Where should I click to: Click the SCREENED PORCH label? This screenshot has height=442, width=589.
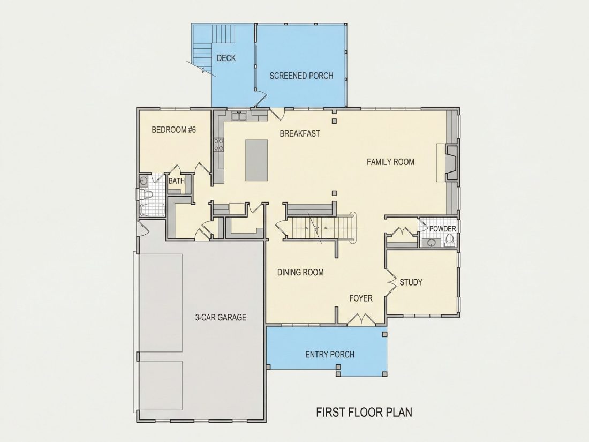tap(301, 76)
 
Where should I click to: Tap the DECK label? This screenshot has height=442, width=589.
tap(226, 58)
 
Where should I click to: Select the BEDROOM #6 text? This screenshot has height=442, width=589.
tap(174, 130)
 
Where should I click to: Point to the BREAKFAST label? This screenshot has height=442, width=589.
tap(300, 133)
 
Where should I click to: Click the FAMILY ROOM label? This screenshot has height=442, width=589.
tap(390, 162)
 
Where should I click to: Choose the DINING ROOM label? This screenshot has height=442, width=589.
tap(300, 273)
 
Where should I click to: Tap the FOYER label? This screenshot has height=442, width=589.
tap(361, 298)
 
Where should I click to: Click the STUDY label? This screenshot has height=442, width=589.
tap(411, 282)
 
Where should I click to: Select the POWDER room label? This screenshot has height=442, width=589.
tap(442, 229)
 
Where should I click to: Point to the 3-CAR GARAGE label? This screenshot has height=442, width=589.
tap(221, 318)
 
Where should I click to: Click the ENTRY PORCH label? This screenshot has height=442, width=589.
tap(330, 355)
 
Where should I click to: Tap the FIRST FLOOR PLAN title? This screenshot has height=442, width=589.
tap(364, 413)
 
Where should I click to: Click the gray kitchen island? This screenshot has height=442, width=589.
tap(256, 160)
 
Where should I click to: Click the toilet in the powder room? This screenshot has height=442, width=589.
tap(449, 240)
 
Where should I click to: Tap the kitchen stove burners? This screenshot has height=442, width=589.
tap(218, 144)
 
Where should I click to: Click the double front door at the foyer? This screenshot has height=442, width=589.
tap(360, 319)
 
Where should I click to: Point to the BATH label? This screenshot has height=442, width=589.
tap(177, 181)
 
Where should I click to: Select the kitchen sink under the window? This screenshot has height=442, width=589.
tap(239, 116)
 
